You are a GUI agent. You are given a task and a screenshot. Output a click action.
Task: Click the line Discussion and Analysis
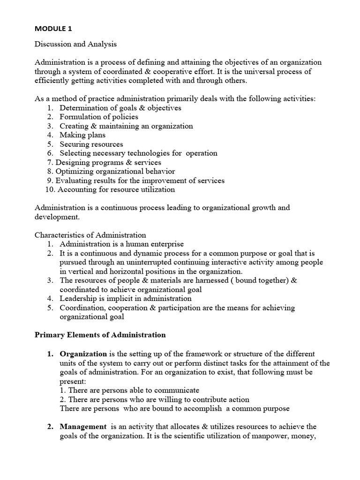pyautogui.click(x=75, y=45)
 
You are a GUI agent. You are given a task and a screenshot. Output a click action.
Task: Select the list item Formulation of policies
pyautogui.click(x=98, y=117)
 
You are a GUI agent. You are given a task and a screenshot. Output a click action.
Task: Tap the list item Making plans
pyautogui.click(x=82, y=135)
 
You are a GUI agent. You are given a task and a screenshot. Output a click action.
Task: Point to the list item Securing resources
pyautogui.click(x=91, y=144)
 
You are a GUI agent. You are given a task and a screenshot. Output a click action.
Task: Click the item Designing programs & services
pyautogui.click(x=108, y=162)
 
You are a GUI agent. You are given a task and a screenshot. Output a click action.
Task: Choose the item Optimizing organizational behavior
pyautogui.click(x=115, y=171)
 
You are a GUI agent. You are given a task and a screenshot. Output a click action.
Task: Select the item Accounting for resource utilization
pyautogui.click(x=116, y=189)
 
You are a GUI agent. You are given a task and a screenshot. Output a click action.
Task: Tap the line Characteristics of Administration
pyautogui.click(x=90, y=235)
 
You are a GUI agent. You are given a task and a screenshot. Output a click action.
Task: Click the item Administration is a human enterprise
pyautogui.click(x=121, y=244)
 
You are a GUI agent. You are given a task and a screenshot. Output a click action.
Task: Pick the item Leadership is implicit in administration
pyautogui.click(x=125, y=298)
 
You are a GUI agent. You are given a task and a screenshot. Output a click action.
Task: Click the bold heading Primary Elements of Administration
pyautogui.click(x=100, y=335)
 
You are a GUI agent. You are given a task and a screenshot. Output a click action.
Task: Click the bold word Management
pyautogui.click(x=83, y=427)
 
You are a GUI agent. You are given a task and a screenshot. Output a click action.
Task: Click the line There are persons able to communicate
pyautogui.click(x=129, y=390)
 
